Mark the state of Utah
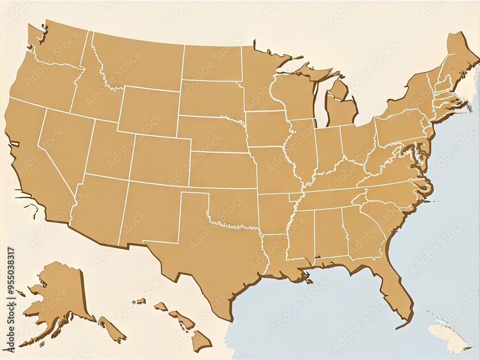(x=106, y=149)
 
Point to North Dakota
(x=211, y=62)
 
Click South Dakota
(x=211, y=98)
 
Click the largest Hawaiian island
(x=201, y=340)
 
